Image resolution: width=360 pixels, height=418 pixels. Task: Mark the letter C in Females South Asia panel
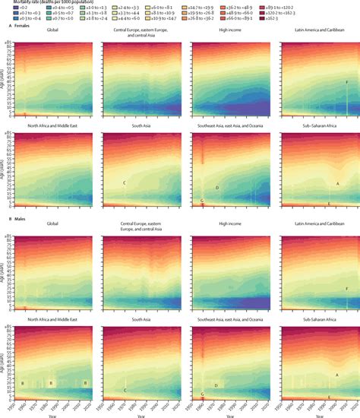[124, 184]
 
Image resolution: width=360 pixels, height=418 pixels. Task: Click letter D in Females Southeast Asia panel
[217, 188]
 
